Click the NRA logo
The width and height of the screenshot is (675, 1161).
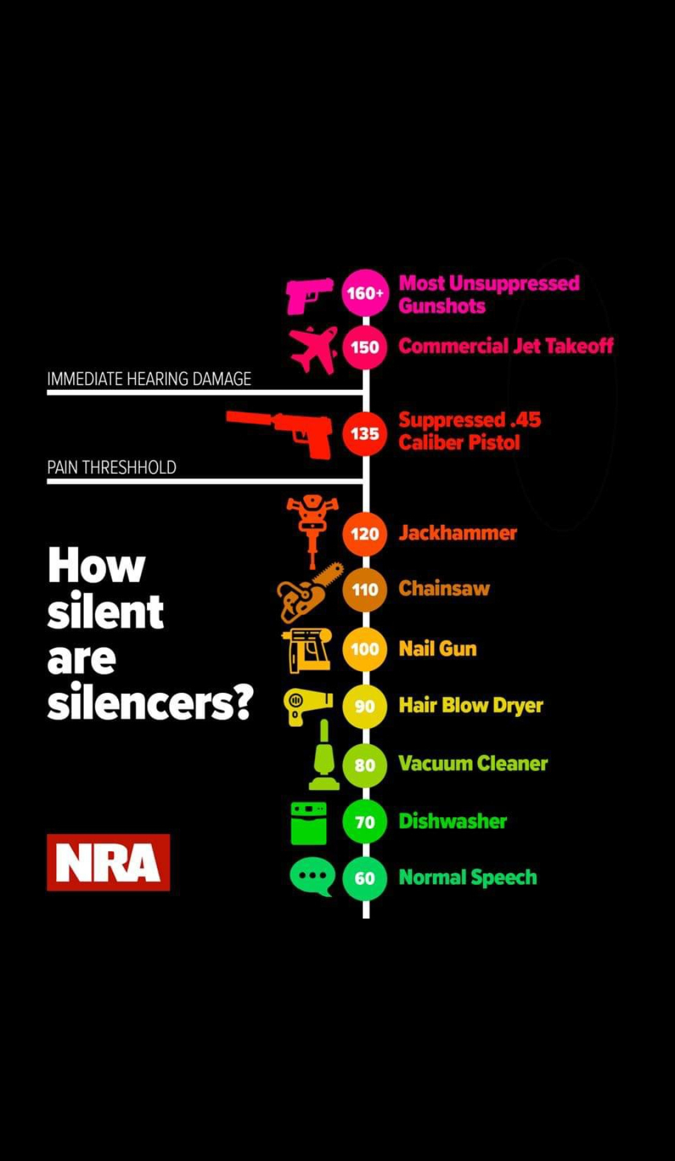[108, 862]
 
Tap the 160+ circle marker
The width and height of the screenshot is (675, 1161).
[365, 292]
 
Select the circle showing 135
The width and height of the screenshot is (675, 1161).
[365, 433]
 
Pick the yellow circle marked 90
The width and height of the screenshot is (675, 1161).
[365, 706]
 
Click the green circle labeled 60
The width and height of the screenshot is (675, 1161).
[365, 878]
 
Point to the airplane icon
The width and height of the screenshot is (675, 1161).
[314, 349]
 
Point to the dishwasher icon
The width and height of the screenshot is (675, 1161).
[309, 823]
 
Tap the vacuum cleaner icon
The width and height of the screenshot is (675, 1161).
[324, 755]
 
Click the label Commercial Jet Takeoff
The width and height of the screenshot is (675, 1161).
[506, 346]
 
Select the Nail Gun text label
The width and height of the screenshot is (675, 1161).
[437, 649]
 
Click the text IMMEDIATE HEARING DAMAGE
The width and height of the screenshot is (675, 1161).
[149, 379]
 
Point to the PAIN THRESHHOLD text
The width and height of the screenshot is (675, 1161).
[111, 467]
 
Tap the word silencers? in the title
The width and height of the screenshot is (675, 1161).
[150, 702]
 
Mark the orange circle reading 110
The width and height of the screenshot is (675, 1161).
[365, 589]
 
